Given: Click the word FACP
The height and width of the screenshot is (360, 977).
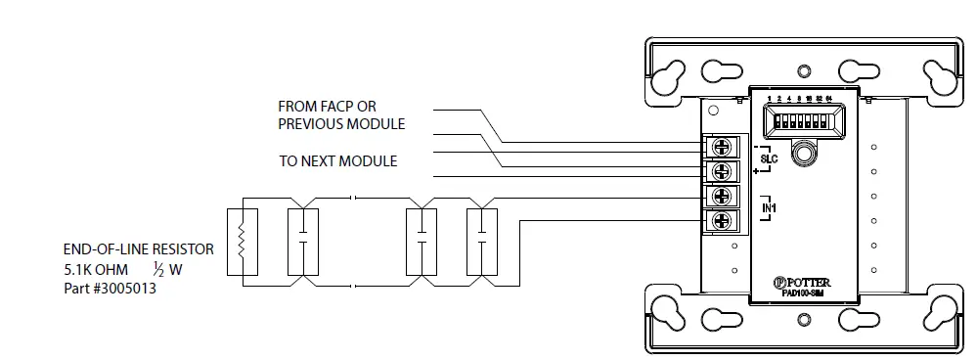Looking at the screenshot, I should (x=335, y=106).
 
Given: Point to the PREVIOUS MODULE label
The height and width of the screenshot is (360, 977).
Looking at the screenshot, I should (x=341, y=124).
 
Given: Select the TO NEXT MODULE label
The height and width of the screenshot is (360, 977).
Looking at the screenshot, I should (x=338, y=160).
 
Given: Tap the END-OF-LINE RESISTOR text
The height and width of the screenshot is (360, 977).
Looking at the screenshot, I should (x=138, y=249).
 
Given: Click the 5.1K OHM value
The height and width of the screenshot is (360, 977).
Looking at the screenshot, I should (x=96, y=268).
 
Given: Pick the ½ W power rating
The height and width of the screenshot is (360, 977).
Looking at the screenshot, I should (x=167, y=268).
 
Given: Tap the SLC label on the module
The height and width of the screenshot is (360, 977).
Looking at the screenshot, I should (x=768, y=157).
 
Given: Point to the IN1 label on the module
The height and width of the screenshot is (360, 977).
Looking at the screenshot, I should (x=769, y=207).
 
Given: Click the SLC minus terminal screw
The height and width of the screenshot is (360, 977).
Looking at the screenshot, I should (x=723, y=148).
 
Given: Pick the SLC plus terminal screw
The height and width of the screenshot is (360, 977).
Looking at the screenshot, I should (x=723, y=170).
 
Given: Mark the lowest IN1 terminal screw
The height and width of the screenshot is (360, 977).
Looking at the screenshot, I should (x=723, y=219).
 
